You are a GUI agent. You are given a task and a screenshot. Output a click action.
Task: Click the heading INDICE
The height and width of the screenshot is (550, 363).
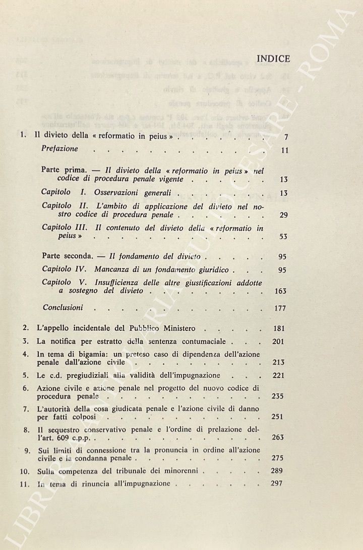[273, 59]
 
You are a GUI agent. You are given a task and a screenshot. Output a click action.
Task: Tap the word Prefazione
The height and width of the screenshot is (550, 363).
[59, 149]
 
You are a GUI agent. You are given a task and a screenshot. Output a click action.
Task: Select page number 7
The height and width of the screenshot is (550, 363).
[286, 137]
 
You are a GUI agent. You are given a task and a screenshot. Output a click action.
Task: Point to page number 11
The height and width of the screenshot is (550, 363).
[284, 150]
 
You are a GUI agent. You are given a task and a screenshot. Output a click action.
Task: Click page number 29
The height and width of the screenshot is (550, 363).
[283, 215]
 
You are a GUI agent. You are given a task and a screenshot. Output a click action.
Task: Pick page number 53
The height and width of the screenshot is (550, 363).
[283, 237]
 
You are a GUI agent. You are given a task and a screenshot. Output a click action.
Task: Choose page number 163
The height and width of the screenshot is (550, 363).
[281, 291]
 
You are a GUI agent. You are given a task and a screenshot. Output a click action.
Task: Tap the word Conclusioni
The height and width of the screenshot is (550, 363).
[63, 307]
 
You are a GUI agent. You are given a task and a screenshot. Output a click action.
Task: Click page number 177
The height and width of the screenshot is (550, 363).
[281, 308]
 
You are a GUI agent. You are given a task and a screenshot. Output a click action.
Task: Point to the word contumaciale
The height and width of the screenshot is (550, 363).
[203, 341]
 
